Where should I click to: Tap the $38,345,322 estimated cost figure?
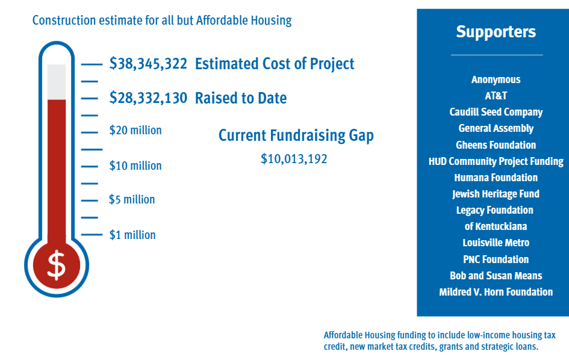click(x=148, y=64)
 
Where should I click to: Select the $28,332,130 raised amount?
click(x=148, y=98)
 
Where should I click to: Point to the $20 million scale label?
click(x=135, y=130)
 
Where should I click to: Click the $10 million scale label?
click(x=135, y=166)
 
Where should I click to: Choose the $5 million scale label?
click(x=132, y=200)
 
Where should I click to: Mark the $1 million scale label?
click(x=132, y=235)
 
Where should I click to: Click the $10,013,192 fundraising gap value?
click(x=294, y=159)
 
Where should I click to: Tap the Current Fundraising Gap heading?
click(x=296, y=135)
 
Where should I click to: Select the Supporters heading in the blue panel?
click(x=496, y=32)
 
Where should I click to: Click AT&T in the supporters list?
click(x=496, y=96)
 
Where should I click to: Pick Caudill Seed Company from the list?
click(x=496, y=112)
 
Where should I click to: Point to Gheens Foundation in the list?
click(x=496, y=145)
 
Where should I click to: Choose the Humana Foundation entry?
click(x=496, y=178)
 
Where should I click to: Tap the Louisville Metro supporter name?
click(x=496, y=243)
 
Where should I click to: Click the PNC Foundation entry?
click(x=496, y=259)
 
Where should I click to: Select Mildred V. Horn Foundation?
click(x=496, y=292)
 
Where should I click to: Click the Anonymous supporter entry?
click(x=496, y=80)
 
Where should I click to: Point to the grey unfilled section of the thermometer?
click(x=57, y=82)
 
